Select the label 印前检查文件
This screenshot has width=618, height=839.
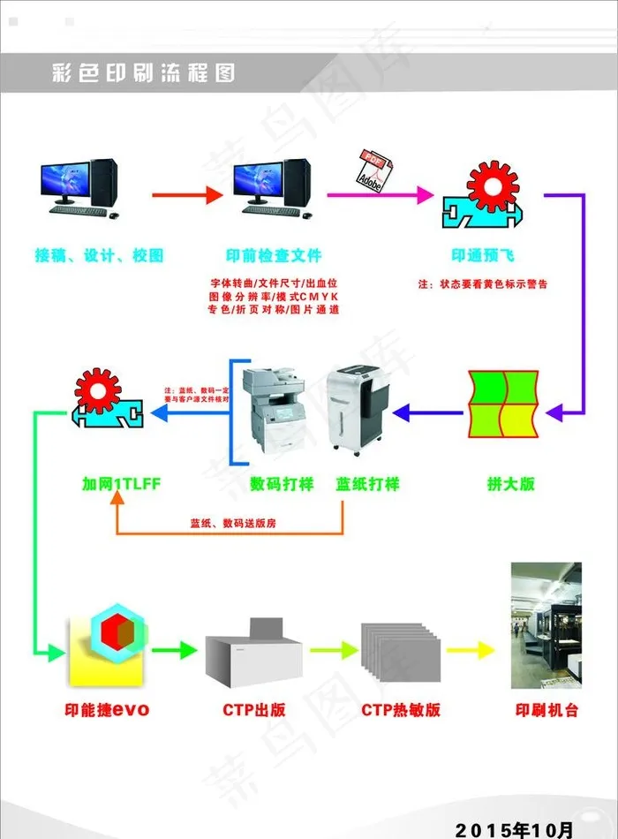[273, 256]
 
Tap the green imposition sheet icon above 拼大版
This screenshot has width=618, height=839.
[501, 404]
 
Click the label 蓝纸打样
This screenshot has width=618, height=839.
[367, 484]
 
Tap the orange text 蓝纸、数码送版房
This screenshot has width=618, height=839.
[233, 523]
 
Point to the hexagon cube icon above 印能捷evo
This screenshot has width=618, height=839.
[113, 632]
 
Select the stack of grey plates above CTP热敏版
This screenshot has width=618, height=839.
[400, 653]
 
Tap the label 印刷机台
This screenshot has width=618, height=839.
[546, 709]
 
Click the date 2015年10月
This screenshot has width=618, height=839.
[530, 828]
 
